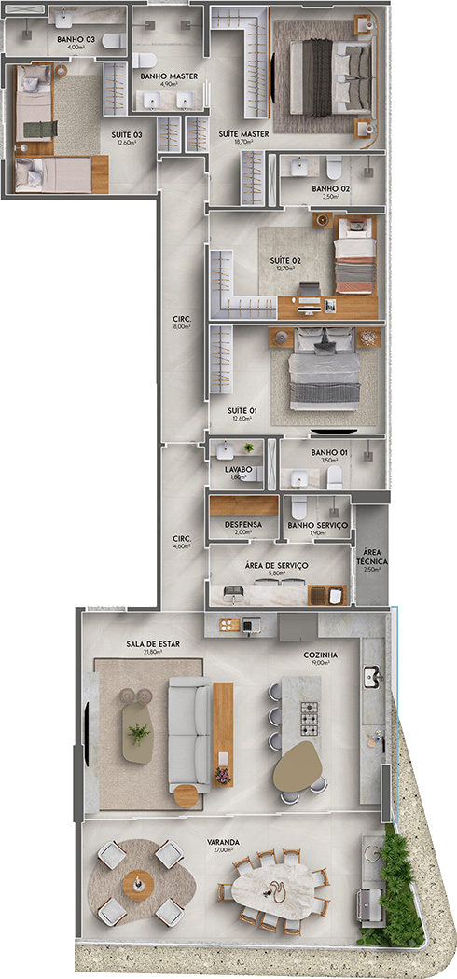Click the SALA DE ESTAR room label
coord(153,643)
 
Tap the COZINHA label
coord(320,655)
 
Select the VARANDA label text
coord(224,842)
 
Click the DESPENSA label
coord(243,525)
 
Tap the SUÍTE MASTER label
coord(243,134)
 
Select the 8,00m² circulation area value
coord(182,327)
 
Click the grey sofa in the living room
coord(189,736)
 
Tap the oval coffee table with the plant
coord(140,734)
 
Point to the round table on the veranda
coord(138,881)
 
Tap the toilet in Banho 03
coord(114,42)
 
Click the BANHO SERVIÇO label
coord(318,526)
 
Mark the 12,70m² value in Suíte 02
coord(284,268)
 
